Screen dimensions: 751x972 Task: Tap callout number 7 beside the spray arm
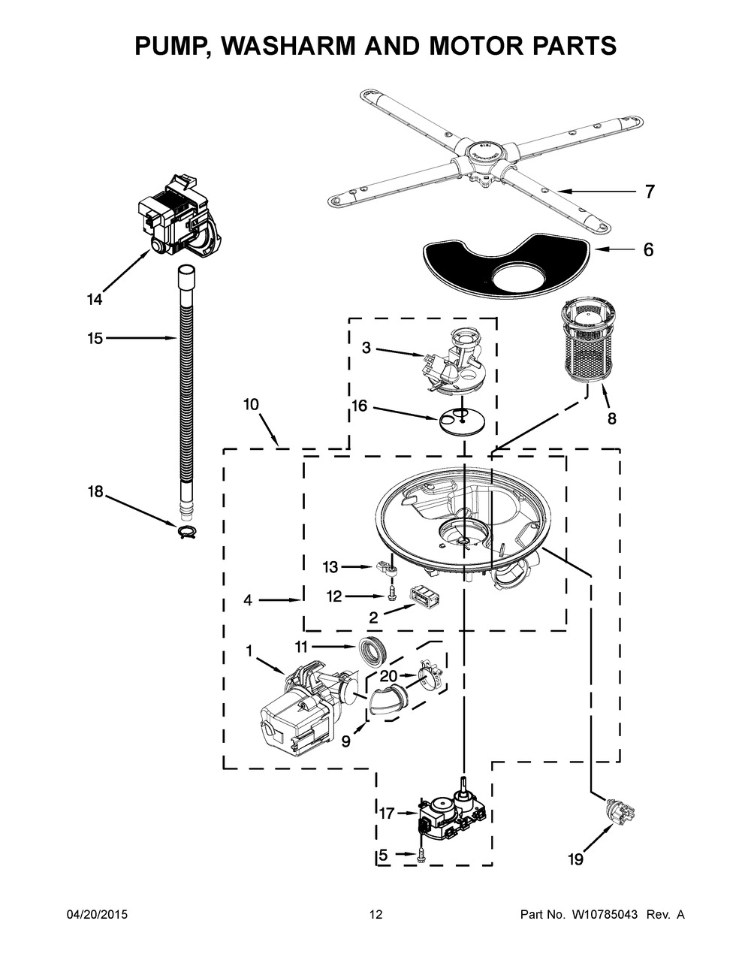pyautogui.click(x=650, y=192)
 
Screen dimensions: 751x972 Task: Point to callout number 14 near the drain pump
pyautogui.click(x=95, y=299)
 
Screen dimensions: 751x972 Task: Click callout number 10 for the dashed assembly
pyautogui.click(x=252, y=404)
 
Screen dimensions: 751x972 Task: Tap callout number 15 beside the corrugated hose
pyautogui.click(x=95, y=338)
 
